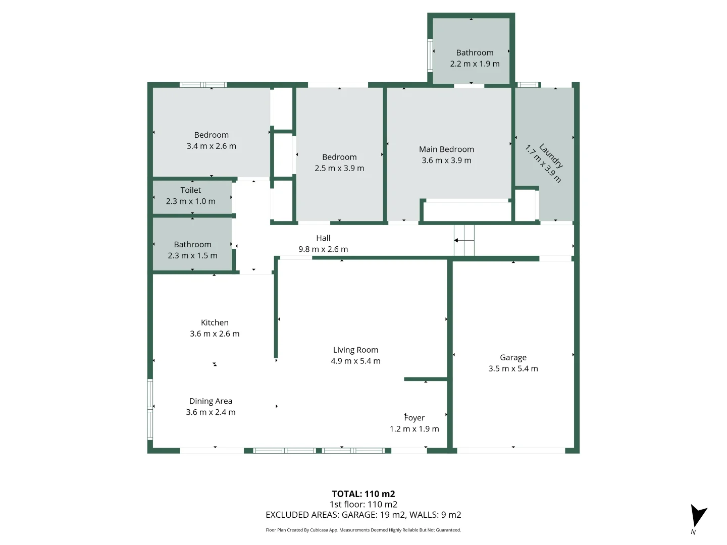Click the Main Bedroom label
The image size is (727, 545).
pos(446,149)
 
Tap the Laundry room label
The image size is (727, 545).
pos(551,155)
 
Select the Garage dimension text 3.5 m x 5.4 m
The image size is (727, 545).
pos(513,368)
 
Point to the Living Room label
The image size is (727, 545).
pos(355,350)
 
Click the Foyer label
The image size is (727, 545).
pos(414,418)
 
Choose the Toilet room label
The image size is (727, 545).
pos(191,190)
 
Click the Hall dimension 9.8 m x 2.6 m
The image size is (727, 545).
pos(323,249)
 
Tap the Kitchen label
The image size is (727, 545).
pos(215,322)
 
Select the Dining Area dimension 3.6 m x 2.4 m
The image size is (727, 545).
pos(211,412)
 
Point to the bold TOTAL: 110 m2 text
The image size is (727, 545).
pos(363,494)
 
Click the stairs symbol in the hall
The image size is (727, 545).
pos(464,241)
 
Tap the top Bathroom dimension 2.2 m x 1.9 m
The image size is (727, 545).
pos(475,64)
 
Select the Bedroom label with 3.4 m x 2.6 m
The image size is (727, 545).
pos(211,135)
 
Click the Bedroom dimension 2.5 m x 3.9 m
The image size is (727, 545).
pos(339,169)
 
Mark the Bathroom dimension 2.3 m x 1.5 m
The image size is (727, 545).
pos(192,256)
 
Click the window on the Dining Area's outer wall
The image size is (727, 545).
pos(150,409)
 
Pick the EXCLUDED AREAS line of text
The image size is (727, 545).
pos(363,515)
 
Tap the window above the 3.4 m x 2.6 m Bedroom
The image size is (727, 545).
pos(203,85)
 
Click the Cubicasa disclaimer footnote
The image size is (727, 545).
pos(363,530)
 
